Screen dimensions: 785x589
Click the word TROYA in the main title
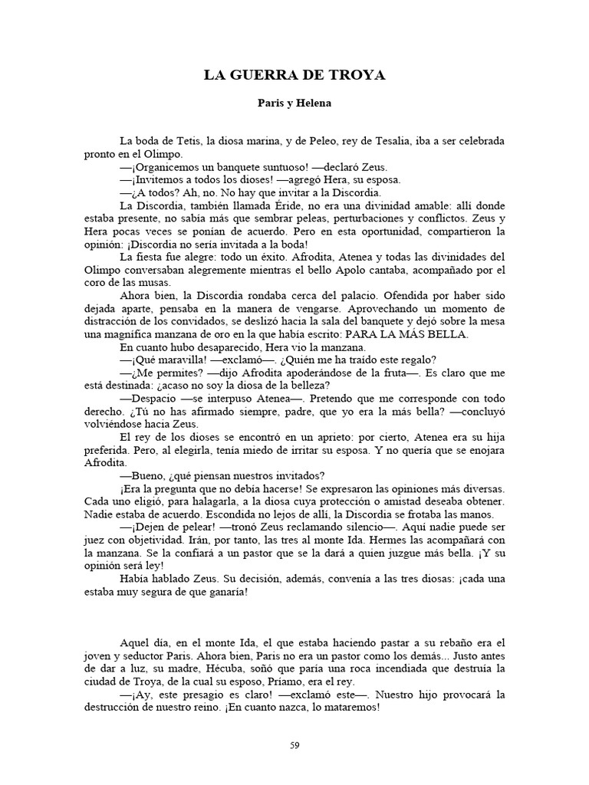[357, 75]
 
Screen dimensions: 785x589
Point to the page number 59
[294, 744]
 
